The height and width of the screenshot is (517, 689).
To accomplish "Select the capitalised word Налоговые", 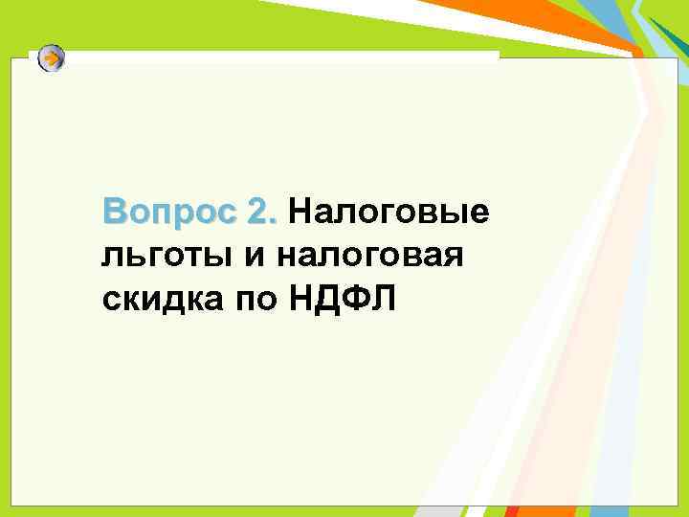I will (x=389, y=212).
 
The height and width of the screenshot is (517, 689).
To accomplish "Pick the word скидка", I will (x=158, y=300).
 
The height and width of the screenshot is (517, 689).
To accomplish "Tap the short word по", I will (x=250, y=300).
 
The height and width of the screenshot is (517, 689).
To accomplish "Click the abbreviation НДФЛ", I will (x=339, y=300).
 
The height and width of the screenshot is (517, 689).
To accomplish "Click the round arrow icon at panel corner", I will (x=53, y=58).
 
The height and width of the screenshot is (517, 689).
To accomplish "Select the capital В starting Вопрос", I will (x=114, y=212).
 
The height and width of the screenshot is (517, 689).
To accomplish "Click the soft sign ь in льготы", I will (x=125, y=256).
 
